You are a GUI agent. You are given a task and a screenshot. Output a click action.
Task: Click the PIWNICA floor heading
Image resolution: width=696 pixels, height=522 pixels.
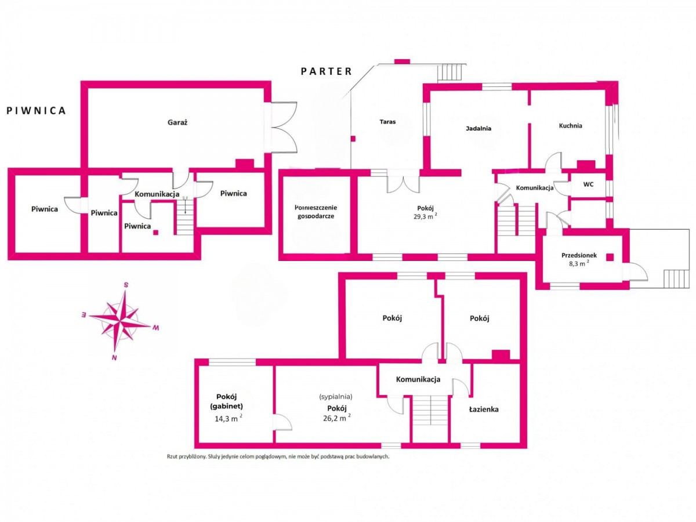tap(36, 111)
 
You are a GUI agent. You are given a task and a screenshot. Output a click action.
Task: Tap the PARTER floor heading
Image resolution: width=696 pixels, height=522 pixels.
tap(327, 71)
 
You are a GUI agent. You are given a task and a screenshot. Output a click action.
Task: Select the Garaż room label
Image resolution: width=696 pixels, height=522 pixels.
tap(177, 122)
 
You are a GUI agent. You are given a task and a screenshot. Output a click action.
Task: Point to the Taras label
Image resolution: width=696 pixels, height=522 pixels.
tap(387, 122)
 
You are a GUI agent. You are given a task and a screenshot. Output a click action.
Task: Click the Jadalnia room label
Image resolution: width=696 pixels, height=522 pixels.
tap(478, 128)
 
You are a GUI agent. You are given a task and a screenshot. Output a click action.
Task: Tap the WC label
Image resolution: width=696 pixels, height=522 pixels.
tap(588, 184)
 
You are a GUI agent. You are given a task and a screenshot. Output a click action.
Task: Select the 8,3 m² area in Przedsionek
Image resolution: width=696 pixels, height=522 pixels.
tap(579, 263)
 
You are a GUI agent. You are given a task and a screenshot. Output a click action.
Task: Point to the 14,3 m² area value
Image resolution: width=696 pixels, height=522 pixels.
tap(229, 418)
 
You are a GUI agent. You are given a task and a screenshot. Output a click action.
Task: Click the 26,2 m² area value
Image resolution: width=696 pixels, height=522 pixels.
tap(337, 418)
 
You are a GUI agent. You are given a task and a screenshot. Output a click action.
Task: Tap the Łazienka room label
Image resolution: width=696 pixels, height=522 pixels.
tap(484, 409)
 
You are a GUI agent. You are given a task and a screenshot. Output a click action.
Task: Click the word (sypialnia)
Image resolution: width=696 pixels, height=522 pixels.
tap(335, 397)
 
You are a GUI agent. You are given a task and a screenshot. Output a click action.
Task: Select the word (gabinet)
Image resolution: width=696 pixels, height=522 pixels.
tap(226, 406)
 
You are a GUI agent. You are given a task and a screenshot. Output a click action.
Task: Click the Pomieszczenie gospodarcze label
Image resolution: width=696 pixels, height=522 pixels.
tap(316, 212)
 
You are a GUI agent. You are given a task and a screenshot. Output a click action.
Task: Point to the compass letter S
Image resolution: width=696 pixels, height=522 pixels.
tap(126, 285)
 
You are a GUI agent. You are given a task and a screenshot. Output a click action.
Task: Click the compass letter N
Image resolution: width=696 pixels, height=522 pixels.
tap(114, 358)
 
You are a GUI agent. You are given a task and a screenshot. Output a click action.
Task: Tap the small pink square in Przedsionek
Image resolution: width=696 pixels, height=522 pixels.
tap(610, 257)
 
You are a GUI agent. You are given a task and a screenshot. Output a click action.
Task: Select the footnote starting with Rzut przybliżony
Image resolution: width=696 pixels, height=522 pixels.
tap(278, 456)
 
